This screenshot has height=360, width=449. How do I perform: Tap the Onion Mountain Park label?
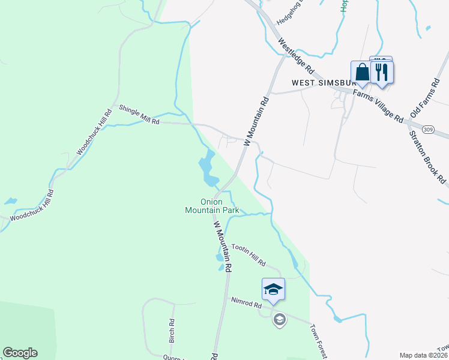tap(212, 206)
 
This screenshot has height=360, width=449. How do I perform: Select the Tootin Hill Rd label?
tap(249, 254)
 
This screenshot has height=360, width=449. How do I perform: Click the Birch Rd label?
tap(172, 330)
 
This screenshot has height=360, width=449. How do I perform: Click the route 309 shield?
tap(427, 129)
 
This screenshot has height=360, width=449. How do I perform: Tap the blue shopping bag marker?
tap(362, 72)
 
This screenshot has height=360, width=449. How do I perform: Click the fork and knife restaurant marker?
tap(382, 72)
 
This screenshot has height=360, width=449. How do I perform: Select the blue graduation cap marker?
tap(273, 289)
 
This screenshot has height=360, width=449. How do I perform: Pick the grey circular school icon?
tap(279, 319)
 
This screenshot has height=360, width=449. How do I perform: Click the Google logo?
tap(20, 353)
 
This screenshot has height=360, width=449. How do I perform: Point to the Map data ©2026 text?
tap(424, 355)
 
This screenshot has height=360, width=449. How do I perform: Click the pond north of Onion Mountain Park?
tap(208, 168)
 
